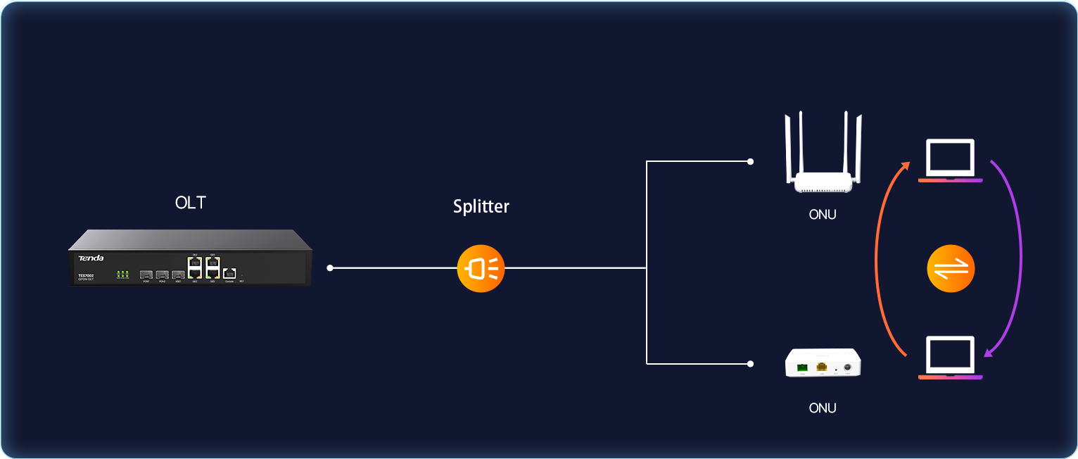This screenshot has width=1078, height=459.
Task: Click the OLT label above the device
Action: coord(191,203)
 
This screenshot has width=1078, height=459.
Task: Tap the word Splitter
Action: coord(481,206)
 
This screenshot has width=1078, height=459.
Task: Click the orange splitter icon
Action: coord(481,268)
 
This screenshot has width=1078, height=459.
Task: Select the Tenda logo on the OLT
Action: coord(91,258)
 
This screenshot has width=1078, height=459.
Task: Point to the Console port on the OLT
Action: coord(229,273)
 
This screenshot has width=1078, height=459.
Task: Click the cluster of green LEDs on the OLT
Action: coord(122,273)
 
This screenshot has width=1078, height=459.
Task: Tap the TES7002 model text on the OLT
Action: coord(85,275)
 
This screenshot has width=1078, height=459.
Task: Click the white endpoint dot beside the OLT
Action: coord(330,268)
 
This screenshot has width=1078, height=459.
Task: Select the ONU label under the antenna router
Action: coord(823,215)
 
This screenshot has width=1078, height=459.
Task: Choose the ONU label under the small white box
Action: coord(823,408)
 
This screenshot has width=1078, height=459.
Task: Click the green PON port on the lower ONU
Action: coord(802,367)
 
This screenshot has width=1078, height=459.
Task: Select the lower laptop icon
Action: coord(950,358)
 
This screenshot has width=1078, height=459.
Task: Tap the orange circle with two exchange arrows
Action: coord(951,268)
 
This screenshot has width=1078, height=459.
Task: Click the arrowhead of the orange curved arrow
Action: coord(907,165)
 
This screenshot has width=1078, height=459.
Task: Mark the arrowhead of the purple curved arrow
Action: coord(989,352)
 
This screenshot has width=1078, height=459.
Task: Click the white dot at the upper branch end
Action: coord(751,161)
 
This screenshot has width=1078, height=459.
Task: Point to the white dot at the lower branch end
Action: coord(751,364)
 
